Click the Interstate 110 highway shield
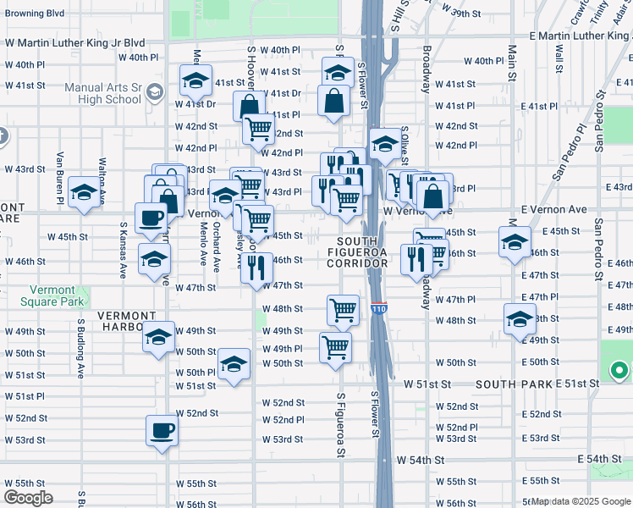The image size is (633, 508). [x=380, y=310]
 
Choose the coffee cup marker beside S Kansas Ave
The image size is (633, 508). [x=151, y=217]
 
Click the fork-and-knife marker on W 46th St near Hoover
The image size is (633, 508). [x=256, y=268]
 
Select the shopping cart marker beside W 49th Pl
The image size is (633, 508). [x=336, y=346]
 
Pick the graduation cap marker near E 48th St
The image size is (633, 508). [x=520, y=319]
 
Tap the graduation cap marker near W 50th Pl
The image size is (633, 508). [x=234, y=364]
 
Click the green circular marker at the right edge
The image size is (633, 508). [x=619, y=371]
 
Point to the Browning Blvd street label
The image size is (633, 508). [x=34, y=14]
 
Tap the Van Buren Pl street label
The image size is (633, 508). [x=61, y=173]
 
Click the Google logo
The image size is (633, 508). [x=28, y=498]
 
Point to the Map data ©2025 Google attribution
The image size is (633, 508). [x=581, y=502]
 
